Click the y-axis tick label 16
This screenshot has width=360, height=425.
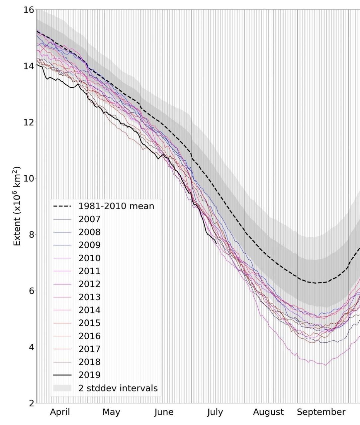coord(29,10)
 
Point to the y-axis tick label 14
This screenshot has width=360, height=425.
coord(29,66)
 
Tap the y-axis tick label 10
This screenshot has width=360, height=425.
coord(29,178)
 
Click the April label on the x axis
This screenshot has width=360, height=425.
coord(60,412)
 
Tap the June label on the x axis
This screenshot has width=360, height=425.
coord(164,412)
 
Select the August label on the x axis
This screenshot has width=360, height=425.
coord(268,412)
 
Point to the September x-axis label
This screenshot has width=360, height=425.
coord(321,412)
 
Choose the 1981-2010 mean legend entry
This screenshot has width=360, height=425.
coord(116,206)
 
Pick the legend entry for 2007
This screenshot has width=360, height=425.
coord(89,219)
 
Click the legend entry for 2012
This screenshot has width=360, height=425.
coord(89,284)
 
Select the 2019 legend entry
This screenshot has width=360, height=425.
coord(89,375)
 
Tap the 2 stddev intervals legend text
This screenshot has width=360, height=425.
coord(118,388)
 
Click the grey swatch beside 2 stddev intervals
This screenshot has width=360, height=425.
coord(62,388)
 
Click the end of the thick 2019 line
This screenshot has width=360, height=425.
coord(216,243)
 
